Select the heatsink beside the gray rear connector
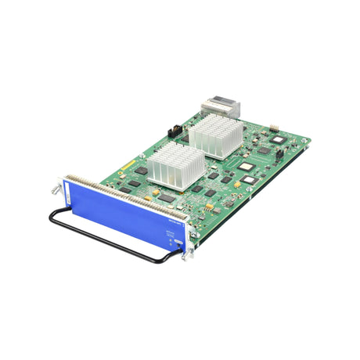[209, 132]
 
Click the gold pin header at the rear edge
[275, 128]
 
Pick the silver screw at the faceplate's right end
[184, 252]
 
